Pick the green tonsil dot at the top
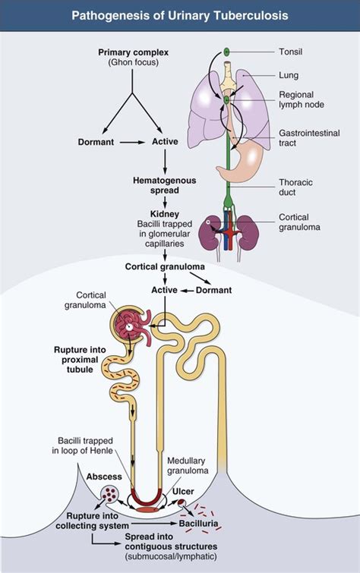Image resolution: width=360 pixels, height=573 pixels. (227, 52)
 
